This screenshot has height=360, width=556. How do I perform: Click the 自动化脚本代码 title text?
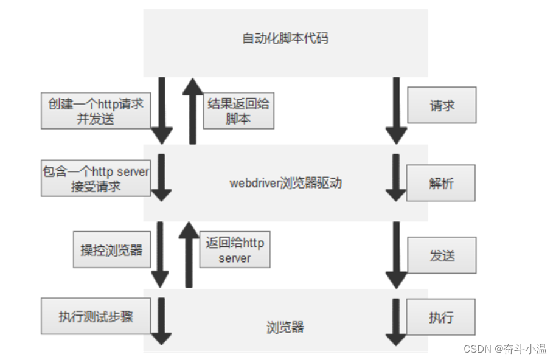coord(285,39)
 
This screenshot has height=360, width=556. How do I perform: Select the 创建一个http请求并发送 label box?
coord(96,111)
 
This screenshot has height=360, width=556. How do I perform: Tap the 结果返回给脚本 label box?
coord(238,111)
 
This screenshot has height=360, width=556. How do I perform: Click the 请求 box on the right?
coord(442,106)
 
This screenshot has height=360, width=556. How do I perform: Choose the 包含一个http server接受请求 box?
coord(96,179)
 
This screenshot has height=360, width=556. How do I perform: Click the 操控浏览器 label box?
coord(111,250)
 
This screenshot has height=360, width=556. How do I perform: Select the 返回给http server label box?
coord(235,251)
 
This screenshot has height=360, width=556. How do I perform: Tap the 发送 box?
coord(442,255)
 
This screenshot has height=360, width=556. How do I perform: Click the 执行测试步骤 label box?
coord(96,316)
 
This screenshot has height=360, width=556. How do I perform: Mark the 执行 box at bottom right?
coord(441,317)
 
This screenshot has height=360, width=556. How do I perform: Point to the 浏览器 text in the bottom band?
coord(285,328)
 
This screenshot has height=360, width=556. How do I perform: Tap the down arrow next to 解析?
coord(396,178)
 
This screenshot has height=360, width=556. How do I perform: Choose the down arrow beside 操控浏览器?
coord(161,254)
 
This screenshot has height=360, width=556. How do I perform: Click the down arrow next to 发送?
coord(396,254)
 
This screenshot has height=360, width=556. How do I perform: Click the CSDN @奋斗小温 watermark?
coord(504,348)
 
